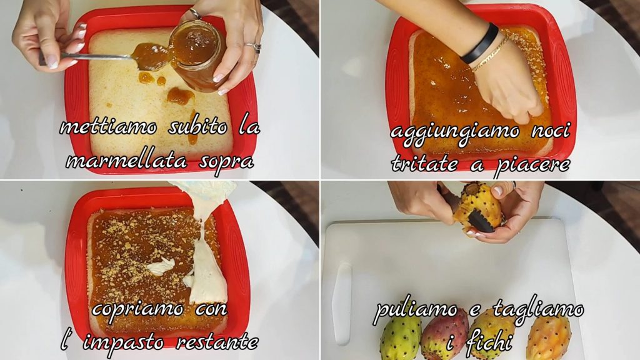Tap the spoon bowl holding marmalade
149,56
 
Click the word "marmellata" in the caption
127,162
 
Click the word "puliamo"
416,310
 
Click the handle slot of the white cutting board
342,304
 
